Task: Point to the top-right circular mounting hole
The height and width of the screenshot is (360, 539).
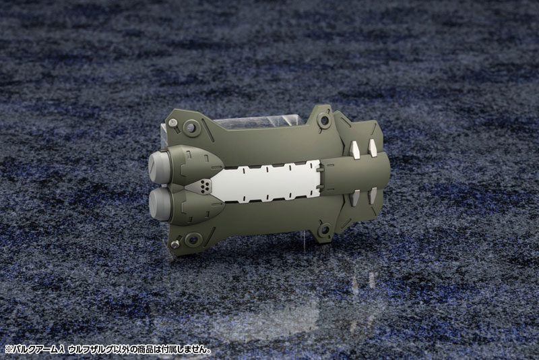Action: pyautogui.click(x=324, y=119)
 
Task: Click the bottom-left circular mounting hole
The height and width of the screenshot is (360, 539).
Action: pyautogui.click(x=193, y=239)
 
